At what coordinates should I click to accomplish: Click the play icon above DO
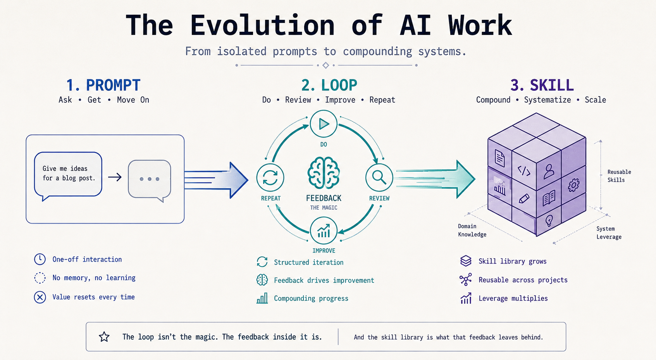click(x=324, y=124)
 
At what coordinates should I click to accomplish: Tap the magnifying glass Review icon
click(x=379, y=177)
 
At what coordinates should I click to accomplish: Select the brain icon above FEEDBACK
click(x=324, y=173)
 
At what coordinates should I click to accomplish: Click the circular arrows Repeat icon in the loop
click(x=270, y=177)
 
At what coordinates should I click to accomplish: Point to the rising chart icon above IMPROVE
click(x=324, y=231)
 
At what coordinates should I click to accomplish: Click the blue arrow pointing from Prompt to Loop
click(x=216, y=179)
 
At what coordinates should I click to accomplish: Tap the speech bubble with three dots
click(x=150, y=181)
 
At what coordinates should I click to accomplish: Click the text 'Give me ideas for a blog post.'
click(x=69, y=173)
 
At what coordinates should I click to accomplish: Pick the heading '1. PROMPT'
click(x=103, y=85)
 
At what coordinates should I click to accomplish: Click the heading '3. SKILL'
click(x=542, y=85)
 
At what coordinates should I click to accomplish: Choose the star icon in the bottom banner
click(x=104, y=337)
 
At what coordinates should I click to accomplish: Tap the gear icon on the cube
click(x=573, y=185)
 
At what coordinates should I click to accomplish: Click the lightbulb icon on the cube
click(x=549, y=220)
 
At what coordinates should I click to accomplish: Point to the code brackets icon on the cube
click(x=524, y=171)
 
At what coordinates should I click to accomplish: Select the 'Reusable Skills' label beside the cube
click(x=619, y=176)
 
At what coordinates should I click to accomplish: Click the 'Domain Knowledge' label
click(x=472, y=230)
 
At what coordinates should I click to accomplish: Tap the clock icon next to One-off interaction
click(x=40, y=259)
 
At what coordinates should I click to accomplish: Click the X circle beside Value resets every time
click(x=40, y=297)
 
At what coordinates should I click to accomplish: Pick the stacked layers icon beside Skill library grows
click(x=466, y=261)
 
